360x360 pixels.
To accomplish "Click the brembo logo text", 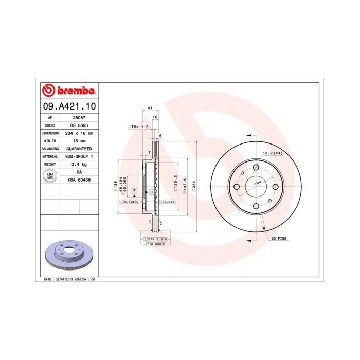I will pyautogui.click(x=74, y=91).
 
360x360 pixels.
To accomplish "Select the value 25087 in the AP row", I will pyautogui.click(x=79, y=117).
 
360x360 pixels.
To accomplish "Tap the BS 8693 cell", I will pyautogui.click(x=79, y=125).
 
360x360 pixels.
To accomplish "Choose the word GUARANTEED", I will pyautogui.click(x=79, y=148).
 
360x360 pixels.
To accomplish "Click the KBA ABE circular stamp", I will pyautogui.click(x=50, y=176).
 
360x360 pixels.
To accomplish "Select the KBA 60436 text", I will pyautogui.click(x=79, y=179).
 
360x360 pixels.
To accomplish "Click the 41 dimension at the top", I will pyautogui.click(x=150, y=108).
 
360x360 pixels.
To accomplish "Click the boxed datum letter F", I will pyautogui.click(x=134, y=190).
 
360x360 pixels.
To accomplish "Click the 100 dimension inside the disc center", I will pyautogui.click(x=256, y=182).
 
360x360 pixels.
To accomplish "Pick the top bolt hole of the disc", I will pyautogui.click(x=256, y=167).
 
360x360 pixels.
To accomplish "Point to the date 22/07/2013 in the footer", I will pyautogui.click(x=66, y=279).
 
